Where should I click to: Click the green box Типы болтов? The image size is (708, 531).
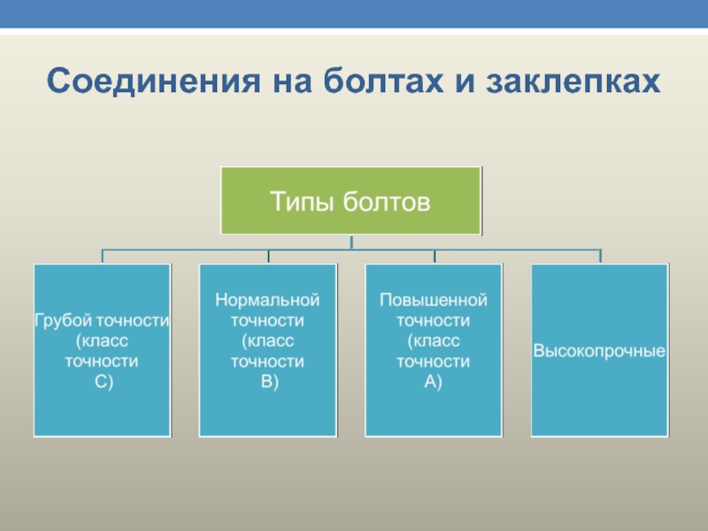click(350, 201)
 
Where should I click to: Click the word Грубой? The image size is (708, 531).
click(63, 320)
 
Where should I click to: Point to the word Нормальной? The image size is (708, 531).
click(267, 300)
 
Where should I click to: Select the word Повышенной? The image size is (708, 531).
click(434, 300)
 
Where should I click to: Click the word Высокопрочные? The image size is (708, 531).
click(599, 351)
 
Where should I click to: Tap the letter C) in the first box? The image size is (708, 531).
click(102, 381)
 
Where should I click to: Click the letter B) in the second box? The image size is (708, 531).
click(267, 381)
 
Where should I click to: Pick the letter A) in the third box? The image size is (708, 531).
click(434, 381)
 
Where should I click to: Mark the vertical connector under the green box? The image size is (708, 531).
click(351, 242)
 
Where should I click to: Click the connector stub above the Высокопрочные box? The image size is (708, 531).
click(600, 257)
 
